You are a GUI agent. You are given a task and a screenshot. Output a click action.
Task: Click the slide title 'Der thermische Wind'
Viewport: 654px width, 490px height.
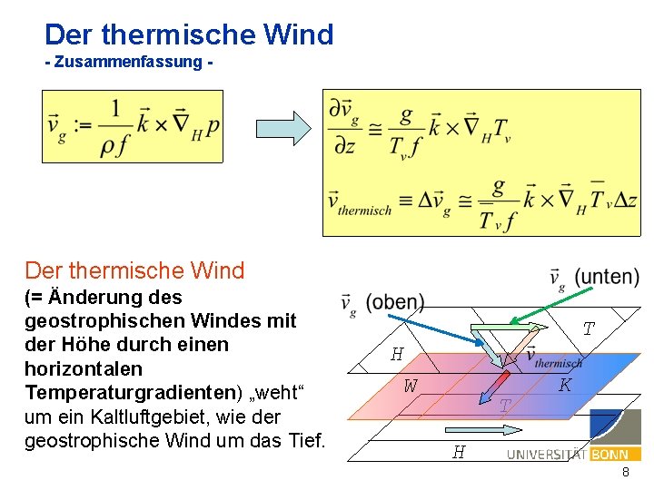pyautogui.click(x=189, y=34)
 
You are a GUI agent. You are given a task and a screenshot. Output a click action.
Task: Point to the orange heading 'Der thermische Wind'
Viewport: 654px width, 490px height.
pyautogui.click(x=134, y=270)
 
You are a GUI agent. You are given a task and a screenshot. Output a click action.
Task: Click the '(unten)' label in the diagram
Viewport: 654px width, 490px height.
pyautogui.click(x=607, y=277)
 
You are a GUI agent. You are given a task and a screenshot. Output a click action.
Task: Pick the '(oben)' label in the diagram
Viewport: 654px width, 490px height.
pyautogui.click(x=394, y=302)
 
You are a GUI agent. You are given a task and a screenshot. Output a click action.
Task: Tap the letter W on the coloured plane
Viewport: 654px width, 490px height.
pyautogui.click(x=411, y=386)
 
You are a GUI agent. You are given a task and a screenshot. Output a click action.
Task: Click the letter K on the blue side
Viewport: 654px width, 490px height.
pyautogui.click(x=565, y=385)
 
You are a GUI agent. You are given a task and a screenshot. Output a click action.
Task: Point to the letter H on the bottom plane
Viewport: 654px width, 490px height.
pyautogui.click(x=459, y=451)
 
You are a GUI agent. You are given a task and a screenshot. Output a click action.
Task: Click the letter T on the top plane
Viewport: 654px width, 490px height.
pyautogui.click(x=589, y=329)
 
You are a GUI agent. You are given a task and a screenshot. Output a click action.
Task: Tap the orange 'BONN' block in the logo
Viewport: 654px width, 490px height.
pyautogui.click(x=609, y=454)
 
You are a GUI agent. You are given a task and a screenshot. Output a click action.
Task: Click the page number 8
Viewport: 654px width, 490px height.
pyautogui.click(x=626, y=473)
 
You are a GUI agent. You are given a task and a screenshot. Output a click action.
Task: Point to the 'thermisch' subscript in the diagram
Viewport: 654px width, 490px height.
pyautogui.click(x=560, y=363)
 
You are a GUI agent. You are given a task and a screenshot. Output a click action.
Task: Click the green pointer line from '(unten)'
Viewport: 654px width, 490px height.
pyautogui.click(x=555, y=304)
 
